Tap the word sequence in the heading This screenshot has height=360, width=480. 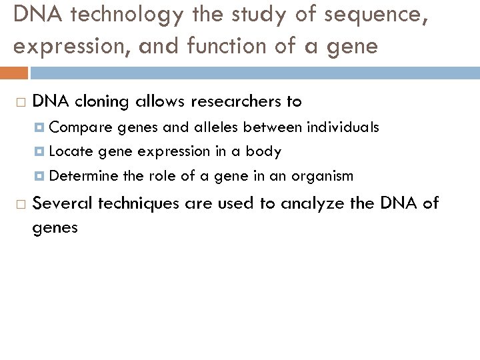[358, 16]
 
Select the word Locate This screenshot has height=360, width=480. [71, 151]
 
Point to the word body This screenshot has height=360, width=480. [263, 152]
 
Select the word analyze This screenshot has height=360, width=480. [312, 203]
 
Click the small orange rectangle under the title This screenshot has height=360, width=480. [14, 72]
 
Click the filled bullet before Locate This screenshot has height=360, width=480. [41, 152]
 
